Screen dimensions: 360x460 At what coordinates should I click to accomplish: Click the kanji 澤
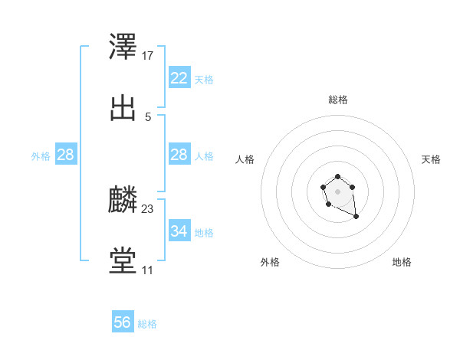click(123, 47)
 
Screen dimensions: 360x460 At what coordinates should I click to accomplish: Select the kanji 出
click(123, 108)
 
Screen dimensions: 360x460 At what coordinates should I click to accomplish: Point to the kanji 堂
click(123, 261)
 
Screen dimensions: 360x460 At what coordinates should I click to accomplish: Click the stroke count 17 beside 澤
click(149, 56)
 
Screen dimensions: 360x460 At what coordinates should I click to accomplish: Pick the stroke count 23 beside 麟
click(149, 209)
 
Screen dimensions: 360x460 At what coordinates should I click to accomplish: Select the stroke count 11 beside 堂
click(147, 270)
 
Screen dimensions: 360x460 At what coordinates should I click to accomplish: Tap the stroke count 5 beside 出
click(148, 117)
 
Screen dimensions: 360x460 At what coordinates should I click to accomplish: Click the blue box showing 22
click(179, 77)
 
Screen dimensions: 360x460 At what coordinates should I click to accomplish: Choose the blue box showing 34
click(179, 231)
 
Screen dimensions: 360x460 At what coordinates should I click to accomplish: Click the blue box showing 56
click(123, 322)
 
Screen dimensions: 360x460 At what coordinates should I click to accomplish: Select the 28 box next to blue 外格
click(66, 155)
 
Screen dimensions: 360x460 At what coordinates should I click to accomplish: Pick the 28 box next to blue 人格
click(179, 155)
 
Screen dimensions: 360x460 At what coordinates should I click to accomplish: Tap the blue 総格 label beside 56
click(147, 324)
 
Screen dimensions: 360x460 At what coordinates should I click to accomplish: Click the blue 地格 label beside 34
click(204, 232)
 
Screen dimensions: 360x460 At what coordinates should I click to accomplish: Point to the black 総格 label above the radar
click(337, 100)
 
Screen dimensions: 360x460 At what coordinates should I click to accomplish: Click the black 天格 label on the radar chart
click(431, 159)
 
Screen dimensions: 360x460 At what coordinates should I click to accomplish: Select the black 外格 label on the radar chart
click(270, 262)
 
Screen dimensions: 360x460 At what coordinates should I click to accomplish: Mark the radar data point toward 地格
click(356, 217)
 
